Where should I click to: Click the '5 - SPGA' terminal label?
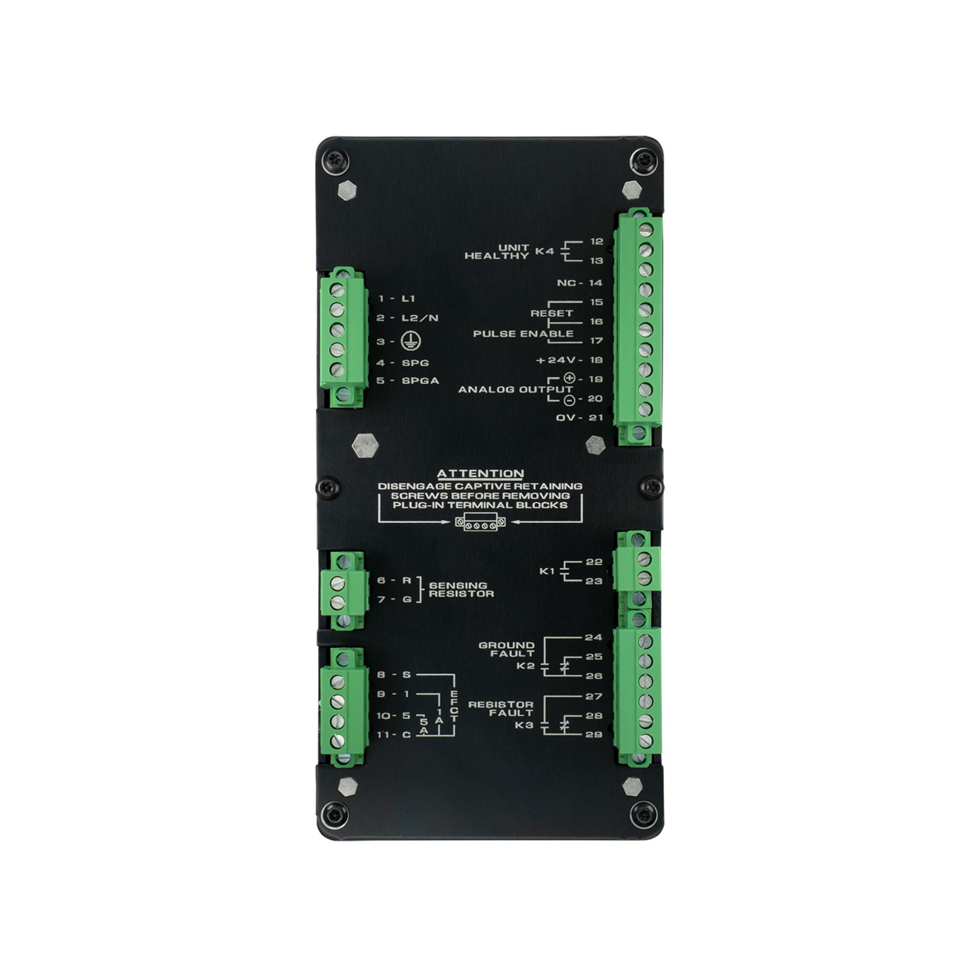click(x=408, y=380)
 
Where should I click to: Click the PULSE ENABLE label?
click(x=523, y=334)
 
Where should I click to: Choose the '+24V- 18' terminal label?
click(x=569, y=360)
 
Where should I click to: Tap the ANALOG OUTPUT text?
click(x=515, y=389)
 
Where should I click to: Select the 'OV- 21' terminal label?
click(x=579, y=418)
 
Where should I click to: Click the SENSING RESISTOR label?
click(x=461, y=589)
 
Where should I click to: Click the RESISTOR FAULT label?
click(x=501, y=708)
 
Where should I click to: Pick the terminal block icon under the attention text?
click(x=479, y=523)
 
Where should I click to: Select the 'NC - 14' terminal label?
click(x=580, y=282)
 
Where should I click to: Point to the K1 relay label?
click(x=547, y=570)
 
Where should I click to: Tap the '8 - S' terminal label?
click(x=394, y=675)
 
